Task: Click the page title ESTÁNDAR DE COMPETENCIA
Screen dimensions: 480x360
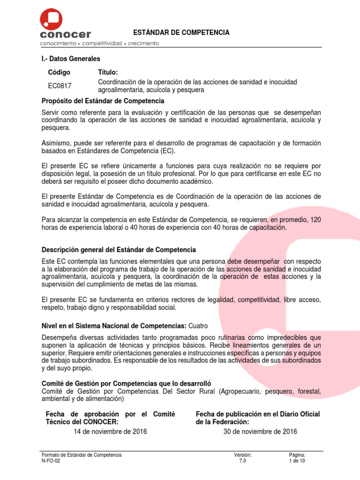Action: (182, 32)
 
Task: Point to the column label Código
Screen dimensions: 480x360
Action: (60, 72)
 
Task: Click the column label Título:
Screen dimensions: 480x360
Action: (108, 72)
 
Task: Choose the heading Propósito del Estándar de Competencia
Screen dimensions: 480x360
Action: (103, 101)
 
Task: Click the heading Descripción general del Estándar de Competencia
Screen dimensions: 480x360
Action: (119, 249)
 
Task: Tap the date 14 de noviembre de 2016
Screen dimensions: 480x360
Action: (110, 432)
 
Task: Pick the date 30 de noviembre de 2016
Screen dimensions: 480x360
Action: (261, 432)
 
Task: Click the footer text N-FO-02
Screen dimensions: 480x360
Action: (51, 461)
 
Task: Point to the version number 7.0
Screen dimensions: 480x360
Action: (242, 461)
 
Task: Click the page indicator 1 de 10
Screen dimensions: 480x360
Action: (297, 461)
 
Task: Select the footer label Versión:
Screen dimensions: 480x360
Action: (243, 455)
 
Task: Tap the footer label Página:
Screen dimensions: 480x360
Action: (297, 455)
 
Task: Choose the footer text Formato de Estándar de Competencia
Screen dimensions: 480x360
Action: (82, 455)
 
